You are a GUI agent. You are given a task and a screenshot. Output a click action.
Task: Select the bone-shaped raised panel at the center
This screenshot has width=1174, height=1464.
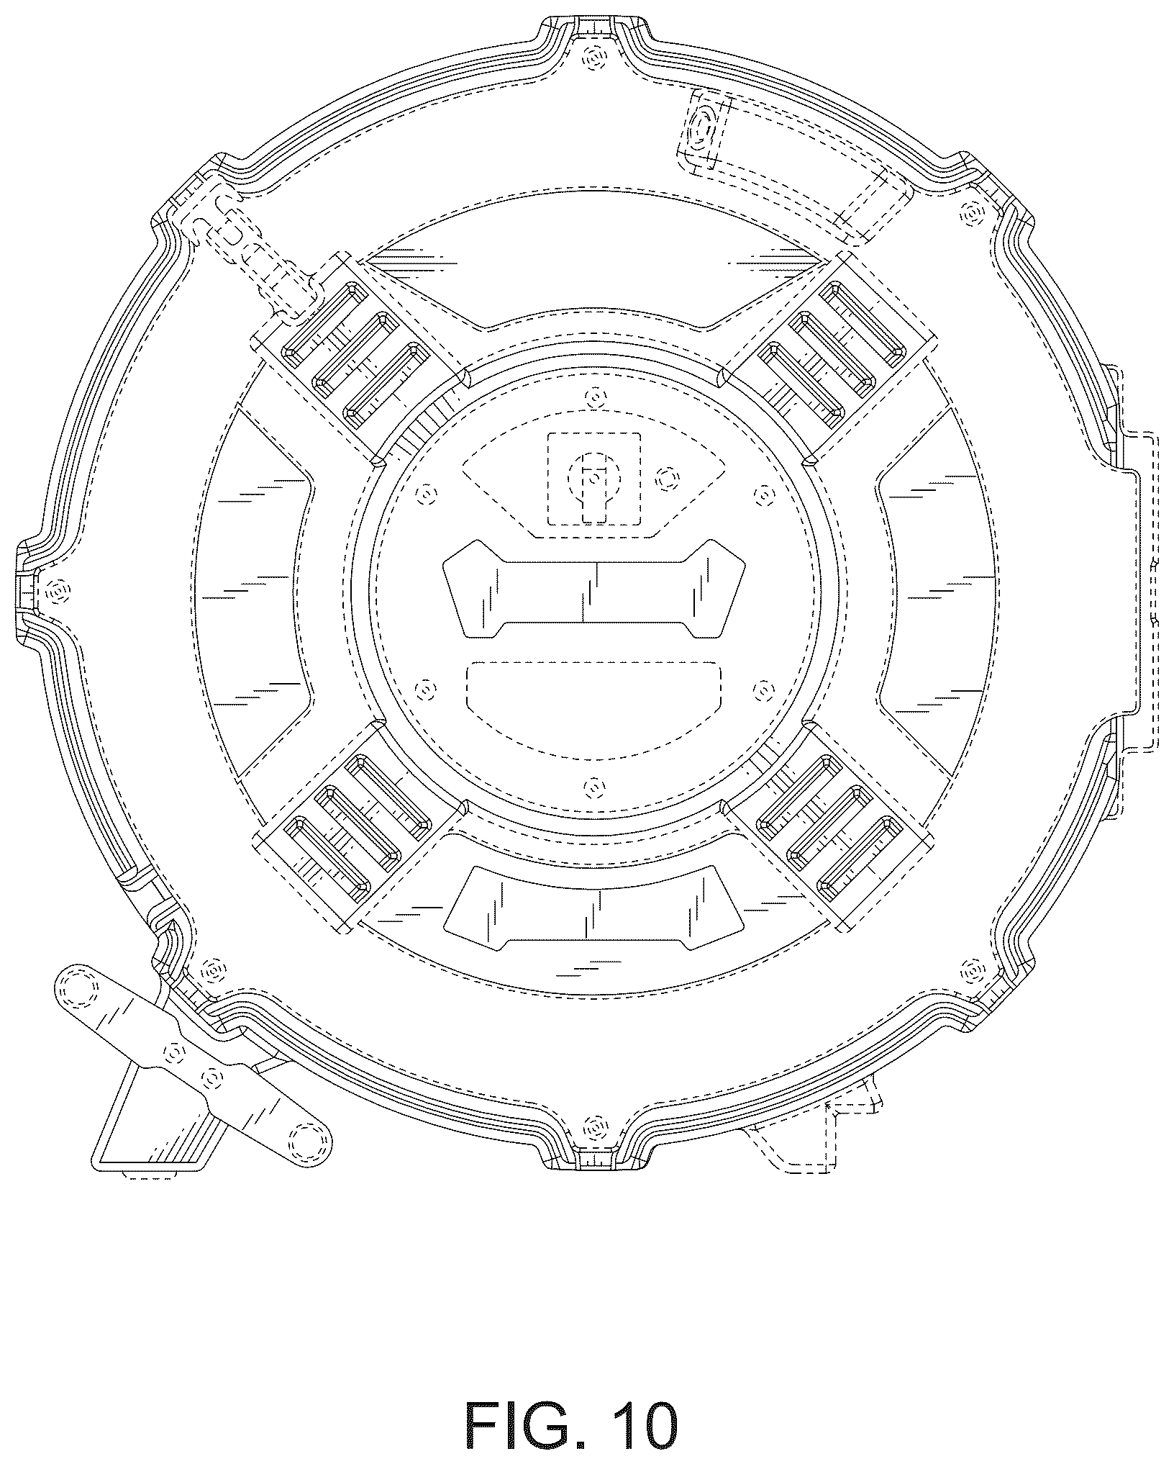point(595,587)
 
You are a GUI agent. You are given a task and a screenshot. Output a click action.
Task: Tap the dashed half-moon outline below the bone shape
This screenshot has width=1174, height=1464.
point(594,709)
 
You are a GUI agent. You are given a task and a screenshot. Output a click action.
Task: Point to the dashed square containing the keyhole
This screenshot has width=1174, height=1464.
point(594,479)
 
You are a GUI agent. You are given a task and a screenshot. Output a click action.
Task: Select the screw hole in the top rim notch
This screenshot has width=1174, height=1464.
point(594,57)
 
